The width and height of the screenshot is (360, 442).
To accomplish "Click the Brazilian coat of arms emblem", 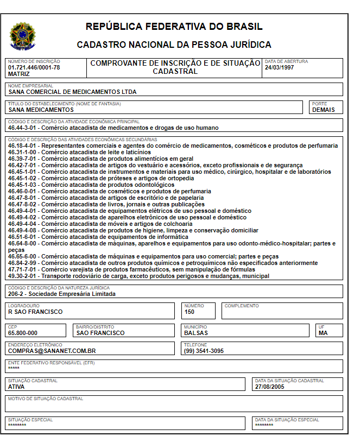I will pyautogui.click(x=22, y=36).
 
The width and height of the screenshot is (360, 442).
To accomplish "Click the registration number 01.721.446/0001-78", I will pyautogui.click(x=34, y=67).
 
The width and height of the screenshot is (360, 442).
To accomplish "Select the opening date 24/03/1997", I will pyautogui.click(x=279, y=67).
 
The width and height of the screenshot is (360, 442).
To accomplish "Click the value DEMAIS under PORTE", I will pyautogui.click(x=323, y=110).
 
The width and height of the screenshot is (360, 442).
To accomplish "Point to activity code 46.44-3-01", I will pyautogui.click(x=23, y=128).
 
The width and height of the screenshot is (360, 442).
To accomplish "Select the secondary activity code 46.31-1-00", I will pyautogui.click(x=23, y=153).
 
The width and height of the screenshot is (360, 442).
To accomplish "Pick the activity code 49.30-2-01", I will pyautogui.click(x=23, y=276).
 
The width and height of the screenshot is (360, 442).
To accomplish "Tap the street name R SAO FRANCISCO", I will pyautogui.click(x=35, y=312).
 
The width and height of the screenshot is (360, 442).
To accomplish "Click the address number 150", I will pyautogui.click(x=190, y=312).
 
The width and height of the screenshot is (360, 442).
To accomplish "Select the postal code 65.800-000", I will pyautogui.click(x=23, y=333).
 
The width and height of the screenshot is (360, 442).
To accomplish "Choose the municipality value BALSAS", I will pyautogui.click(x=196, y=333).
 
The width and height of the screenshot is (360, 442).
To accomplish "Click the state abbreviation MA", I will pyautogui.click(x=323, y=333).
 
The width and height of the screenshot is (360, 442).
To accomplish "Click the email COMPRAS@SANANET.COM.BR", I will pyautogui.click(x=52, y=351).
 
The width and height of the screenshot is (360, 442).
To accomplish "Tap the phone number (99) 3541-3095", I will pyautogui.click(x=204, y=351).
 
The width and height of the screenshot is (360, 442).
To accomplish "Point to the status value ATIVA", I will pyautogui.click(x=16, y=387).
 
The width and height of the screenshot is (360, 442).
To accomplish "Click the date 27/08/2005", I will pyautogui.click(x=270, y=387).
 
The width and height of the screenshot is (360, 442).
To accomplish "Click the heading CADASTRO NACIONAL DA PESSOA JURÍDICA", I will pyautogui.click(x=174, y=45).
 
